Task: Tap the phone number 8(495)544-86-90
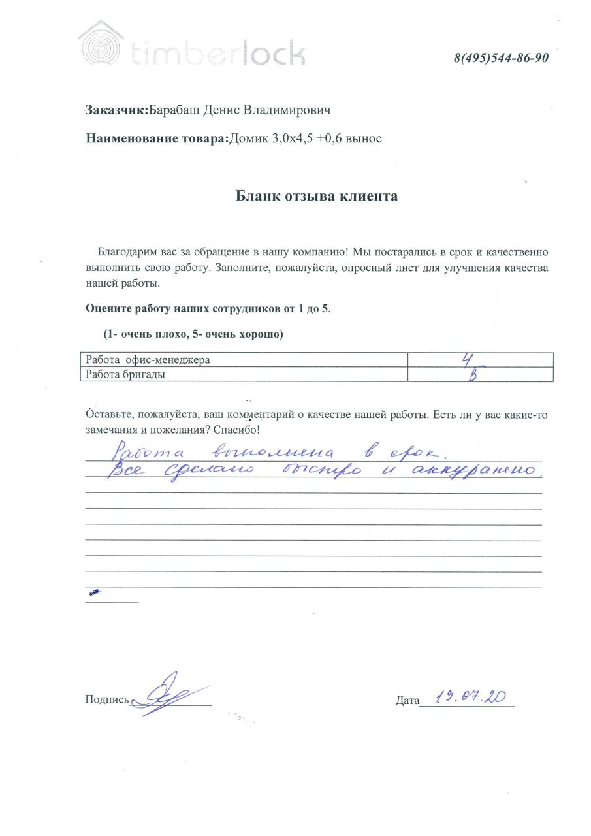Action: click(x=501, y=58)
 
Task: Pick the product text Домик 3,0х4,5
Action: click(x=272, y=138)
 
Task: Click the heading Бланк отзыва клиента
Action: click(x=317, y=196)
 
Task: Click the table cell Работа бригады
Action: click(x=123, y=375)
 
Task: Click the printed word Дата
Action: click(x=407, y=701)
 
